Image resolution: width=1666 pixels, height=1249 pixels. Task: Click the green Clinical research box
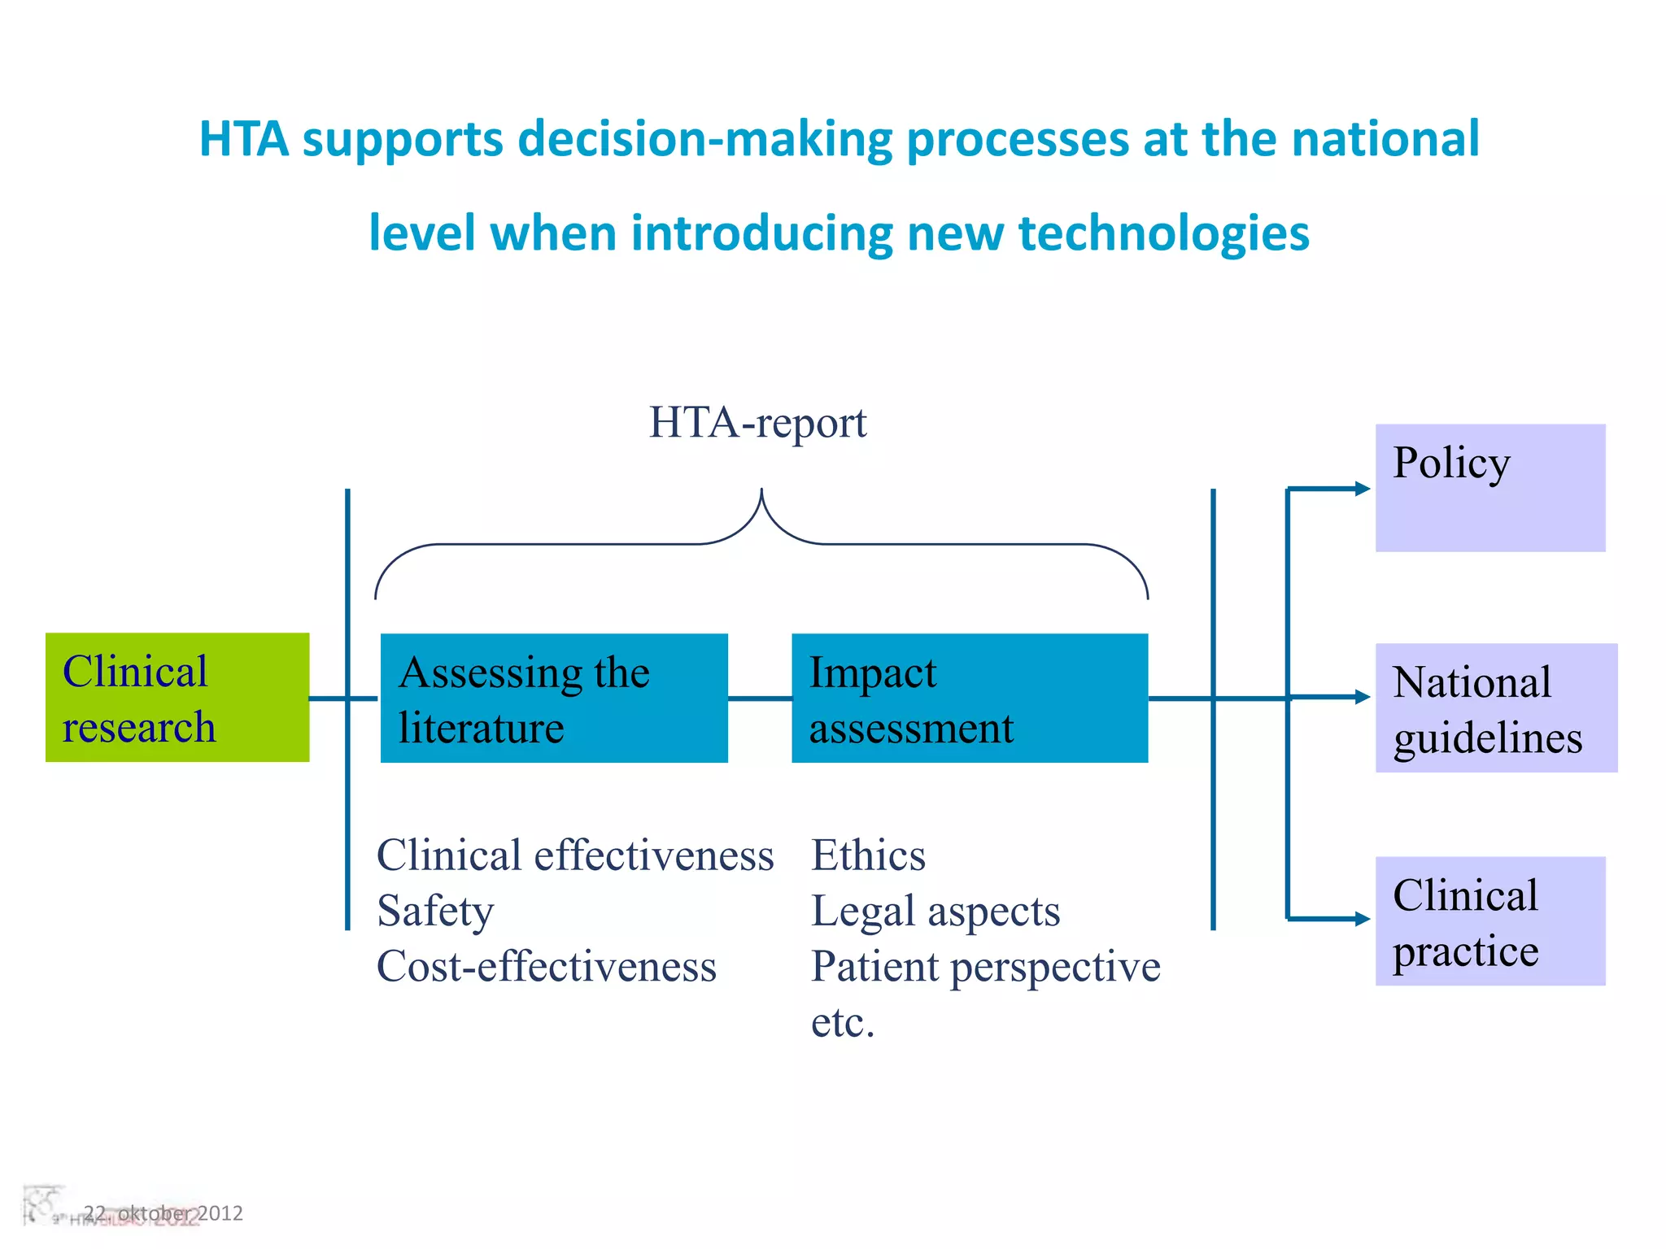pyautogui.click(x=177, y=697)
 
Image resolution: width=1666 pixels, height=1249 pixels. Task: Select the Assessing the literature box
pyautogui.click(x=553, y=698)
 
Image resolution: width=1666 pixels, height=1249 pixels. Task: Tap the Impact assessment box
pyautogui.click(x=969, y=698)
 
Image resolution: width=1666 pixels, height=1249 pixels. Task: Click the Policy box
pyautogui.click(x=1489, y=488)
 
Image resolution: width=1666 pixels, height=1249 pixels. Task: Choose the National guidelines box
pyautogui.click(x=1495, y=707)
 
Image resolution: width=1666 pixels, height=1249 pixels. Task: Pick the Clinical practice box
pyautogui.click(x=1489, y=920)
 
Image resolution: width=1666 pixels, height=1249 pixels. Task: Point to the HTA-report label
pyautogui.click(x=757, y=423)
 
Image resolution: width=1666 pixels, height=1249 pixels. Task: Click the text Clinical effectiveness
pyautogui.click(x=574, y=855)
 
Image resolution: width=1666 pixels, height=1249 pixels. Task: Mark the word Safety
pyautogui.click(x=435, y=911)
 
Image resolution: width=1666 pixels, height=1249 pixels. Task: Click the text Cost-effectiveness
pyautogui.click(x=546, y=966)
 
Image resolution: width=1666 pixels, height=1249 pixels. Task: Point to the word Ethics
pyautogui.click(x=868, y=855)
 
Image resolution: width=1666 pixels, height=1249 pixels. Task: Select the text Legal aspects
pyautogui.click(x=935, y=911)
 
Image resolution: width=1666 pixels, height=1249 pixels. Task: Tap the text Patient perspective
pyautogui.click(x=985, y=966)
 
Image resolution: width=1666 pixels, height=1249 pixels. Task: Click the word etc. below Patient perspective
pyautogui.click(x=842, y=1022)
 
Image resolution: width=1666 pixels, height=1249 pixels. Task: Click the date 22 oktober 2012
pyautogui.click(x=163, y=1213)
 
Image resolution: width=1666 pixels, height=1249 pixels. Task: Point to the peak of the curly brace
pyautogui.click(x=761, y=491)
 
